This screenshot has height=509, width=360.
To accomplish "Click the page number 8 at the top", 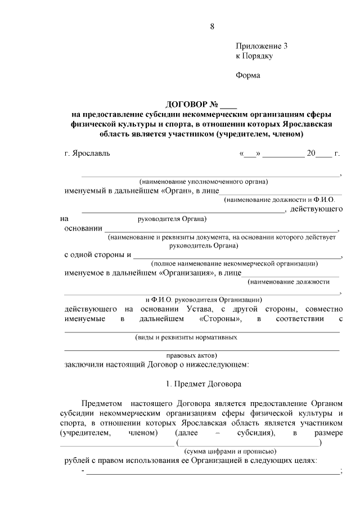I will (x=212, y=26).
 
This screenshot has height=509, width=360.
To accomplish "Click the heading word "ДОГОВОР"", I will (x=186, y=105).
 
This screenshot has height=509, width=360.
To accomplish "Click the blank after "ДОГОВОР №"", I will (x=229, y=106).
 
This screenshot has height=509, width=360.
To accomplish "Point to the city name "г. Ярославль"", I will (x=87, y=153).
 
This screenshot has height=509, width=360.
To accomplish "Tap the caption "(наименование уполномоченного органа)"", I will (x=204, y=182).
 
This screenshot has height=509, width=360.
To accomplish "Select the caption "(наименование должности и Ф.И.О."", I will (x=279, y=200).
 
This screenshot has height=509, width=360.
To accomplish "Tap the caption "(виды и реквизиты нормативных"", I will (x=186, y=337).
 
